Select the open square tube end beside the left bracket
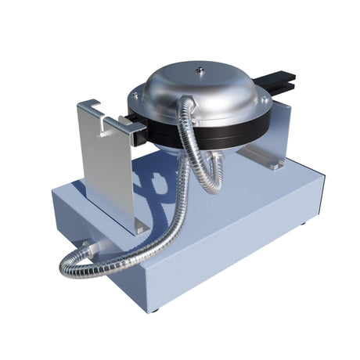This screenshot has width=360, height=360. coord(139,137)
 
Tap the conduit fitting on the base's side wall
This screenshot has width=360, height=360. coord(88,249)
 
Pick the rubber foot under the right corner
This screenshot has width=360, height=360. coord(304,227)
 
